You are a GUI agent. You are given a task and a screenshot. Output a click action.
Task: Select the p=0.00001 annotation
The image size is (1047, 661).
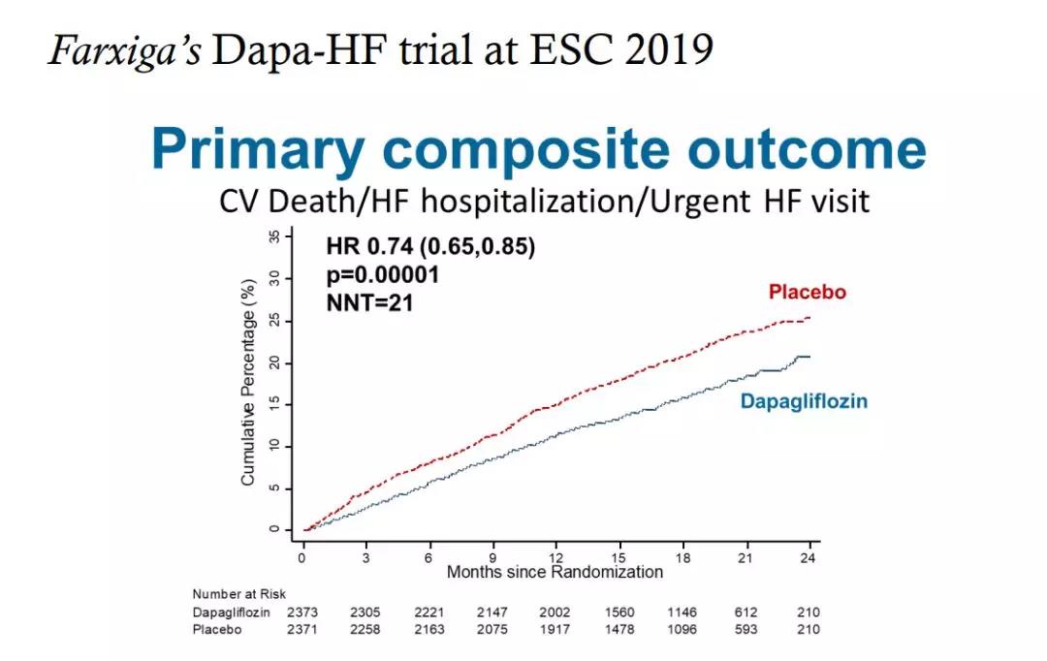pyautogui.click(x=383, y=275)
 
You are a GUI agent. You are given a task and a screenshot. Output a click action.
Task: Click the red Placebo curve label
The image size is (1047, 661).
pyautogui.click(x=807, y=292)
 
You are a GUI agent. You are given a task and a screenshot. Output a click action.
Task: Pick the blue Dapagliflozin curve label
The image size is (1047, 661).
pyautogui.click(x=804, y=401)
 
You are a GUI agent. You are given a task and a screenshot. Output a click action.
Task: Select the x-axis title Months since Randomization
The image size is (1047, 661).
pyautogui.click(x=555, y=572)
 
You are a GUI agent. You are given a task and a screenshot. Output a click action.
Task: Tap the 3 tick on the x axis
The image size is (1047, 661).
pyautogui.click(x=365, y=557)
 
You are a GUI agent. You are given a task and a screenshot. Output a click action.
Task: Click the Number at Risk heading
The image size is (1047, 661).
pyautogui.click(x=239, y=594)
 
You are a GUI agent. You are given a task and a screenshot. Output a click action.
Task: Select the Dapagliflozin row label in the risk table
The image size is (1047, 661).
pyautogui.click(x=232, y=613)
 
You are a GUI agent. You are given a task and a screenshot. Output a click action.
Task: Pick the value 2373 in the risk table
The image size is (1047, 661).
pyautogui.click(x=302, y=613)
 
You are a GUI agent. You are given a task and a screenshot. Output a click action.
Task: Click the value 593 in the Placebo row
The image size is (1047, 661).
pyautogui.click(x=746, y=629)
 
